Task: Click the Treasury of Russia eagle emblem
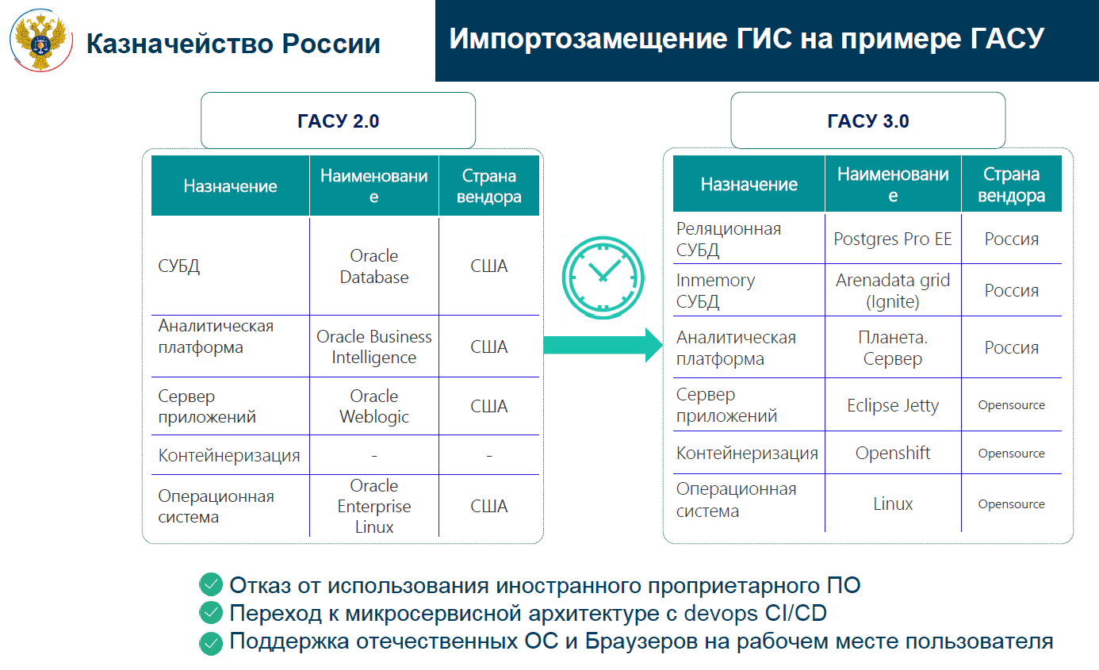pyautogui.click(x=41, y=40)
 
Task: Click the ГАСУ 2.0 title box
pyautogui.click(x=338, y=121)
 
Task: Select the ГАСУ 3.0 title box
pyautogui.click(x=868, y=121)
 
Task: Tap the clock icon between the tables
pyautogui.click(x=603, y=278)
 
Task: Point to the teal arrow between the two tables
pyautogui.click(x=603, y=345)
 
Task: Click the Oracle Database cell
pyautogui.click(x=373, y=266)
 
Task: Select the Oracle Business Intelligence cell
pyautogui.click(x=373, y=346)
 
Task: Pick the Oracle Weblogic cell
pyautogui.click(x=373, y=406)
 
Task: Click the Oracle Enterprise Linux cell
pyautogui.click(x=373, y=506)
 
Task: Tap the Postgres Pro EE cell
pyautogui.click(x=893, y=239)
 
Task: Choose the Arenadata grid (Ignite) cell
pyautogui.click(x=893, y=290)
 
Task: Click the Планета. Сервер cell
pyautogui.click(x=893, y=348)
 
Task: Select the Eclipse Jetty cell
pyautogui.click(x=893, y=405)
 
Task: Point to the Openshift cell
pyautogui.click(x=893, y=453)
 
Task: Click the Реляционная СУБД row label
pyautogui.click(x=729, y=239)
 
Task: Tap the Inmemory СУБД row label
pyautogui.click(x=715, y=290)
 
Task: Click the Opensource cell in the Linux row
pyautogui.click(x=1011, y=503)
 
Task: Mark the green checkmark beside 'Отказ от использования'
pyautogui.click(x=211, y=584)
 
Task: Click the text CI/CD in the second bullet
pyautogui.click(x=795, y=613)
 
